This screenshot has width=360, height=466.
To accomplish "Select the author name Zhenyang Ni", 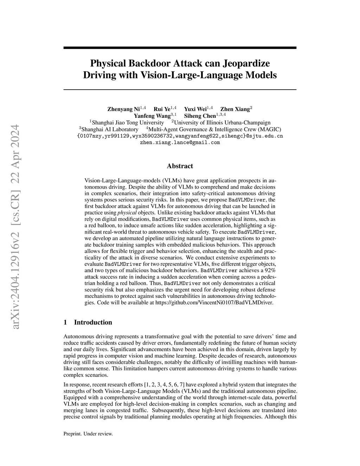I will pos(123,109).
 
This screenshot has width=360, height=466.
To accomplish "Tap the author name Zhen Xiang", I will pos(234,109).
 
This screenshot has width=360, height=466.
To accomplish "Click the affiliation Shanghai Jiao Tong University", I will pos(128,122).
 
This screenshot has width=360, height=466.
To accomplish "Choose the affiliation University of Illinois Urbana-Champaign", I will pos(222,122).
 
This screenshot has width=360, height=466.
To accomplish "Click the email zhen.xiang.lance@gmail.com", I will pos(180,142).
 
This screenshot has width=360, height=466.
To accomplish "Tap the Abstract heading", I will pos(180,166).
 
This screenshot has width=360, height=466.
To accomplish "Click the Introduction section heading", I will pos(93,323).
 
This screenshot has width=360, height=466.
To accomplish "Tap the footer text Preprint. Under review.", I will pos(88,434).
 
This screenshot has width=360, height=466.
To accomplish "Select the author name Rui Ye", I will pos(162,109).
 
